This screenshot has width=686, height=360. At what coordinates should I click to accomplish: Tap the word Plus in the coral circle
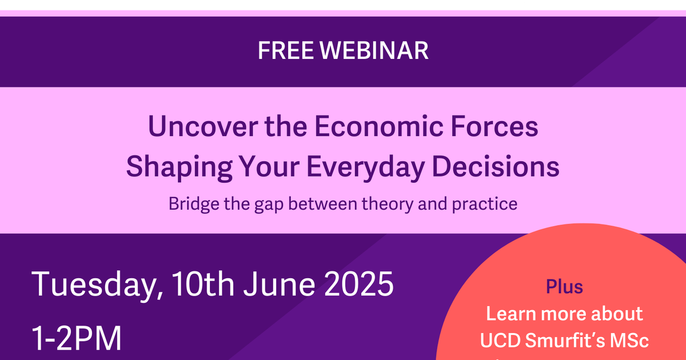(x=564, y=286)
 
